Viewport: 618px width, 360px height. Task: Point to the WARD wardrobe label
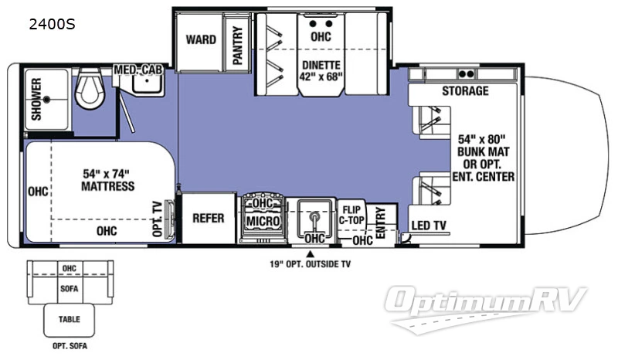click(201, 39)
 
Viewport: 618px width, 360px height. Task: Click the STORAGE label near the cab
click(465, 91)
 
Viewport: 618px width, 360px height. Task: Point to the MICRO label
click(263, 222)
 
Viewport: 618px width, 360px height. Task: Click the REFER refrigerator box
click(209, 218)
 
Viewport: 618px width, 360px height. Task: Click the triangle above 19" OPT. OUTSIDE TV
click(311, 253)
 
